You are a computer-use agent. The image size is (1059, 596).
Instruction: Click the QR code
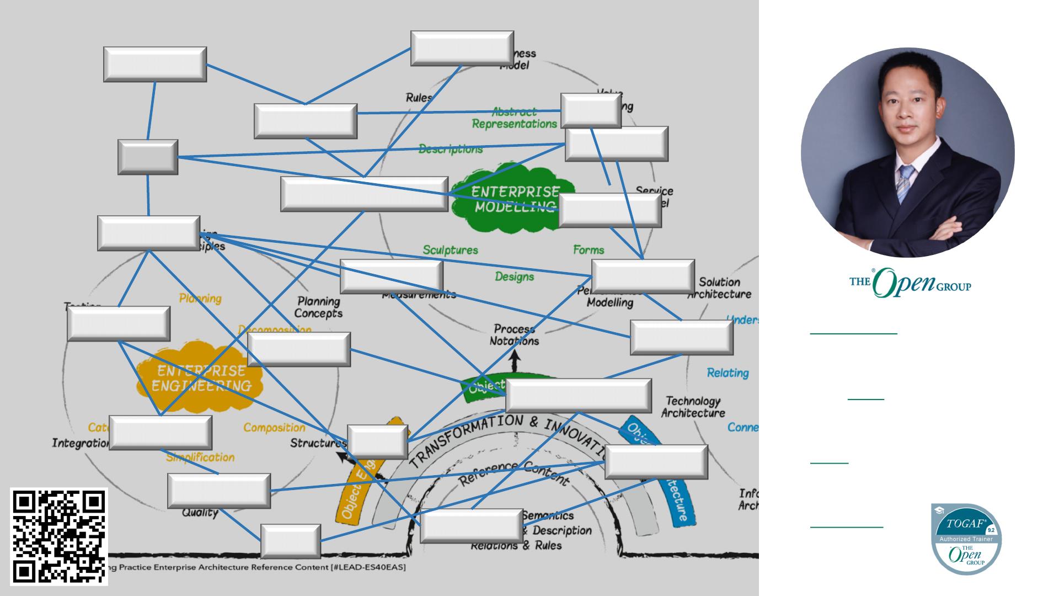(59, 536)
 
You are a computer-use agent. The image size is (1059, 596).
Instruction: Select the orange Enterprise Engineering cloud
(200, 380)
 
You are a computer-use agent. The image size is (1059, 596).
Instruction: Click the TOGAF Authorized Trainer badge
(966, 539)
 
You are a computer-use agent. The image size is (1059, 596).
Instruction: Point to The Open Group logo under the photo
(910, 282)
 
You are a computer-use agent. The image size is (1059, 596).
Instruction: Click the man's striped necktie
(905, 183)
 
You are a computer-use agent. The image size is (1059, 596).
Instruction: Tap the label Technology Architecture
(693, 407)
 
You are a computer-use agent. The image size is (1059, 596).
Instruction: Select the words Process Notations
(514, 335)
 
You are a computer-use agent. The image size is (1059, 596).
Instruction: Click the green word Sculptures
(450, 250)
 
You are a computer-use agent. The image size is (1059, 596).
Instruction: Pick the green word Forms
(589, 250)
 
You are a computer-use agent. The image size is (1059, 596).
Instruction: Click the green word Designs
(514, 276)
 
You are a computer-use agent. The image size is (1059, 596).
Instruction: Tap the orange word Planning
(200, 299)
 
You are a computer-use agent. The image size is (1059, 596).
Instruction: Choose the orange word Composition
(274, 428)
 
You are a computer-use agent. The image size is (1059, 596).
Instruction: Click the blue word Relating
(728, 373)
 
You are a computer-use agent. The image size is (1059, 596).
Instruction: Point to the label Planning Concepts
(318, 307)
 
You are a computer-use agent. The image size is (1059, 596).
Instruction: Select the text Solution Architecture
(719, 288)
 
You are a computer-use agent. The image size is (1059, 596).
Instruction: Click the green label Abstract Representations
(514, 118)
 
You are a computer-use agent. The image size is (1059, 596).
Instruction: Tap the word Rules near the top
(419, 98)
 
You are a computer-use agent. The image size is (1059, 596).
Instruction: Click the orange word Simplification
(200, 457)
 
